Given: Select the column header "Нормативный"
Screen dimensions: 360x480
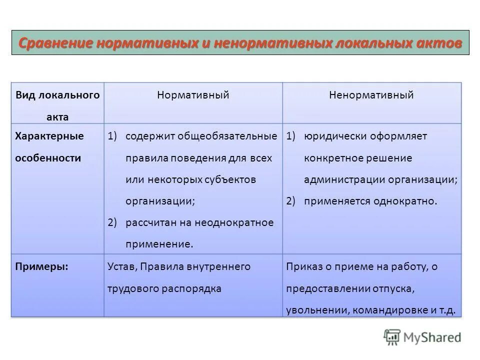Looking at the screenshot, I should point(193,95).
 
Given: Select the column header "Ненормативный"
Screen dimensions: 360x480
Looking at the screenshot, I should point(371,95).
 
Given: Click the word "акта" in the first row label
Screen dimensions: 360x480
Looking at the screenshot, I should point(57,117).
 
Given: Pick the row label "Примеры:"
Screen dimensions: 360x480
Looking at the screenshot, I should point(42,266).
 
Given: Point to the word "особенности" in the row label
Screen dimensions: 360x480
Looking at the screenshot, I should point(48,157).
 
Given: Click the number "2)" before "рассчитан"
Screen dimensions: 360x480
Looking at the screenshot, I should point(112,222).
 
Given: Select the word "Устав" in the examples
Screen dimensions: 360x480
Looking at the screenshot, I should point(121,266).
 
